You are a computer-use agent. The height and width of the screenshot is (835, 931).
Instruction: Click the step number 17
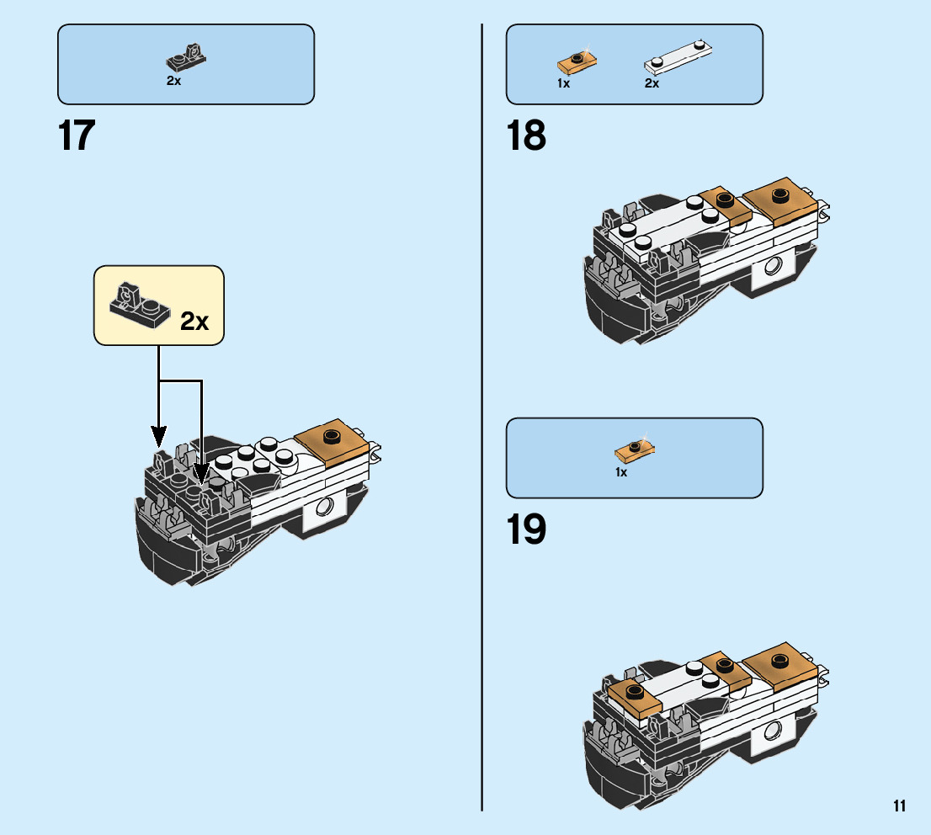coord(77,136)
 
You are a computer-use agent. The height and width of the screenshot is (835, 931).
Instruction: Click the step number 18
coord(526,136)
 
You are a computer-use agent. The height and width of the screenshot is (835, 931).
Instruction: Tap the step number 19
coord(526,529)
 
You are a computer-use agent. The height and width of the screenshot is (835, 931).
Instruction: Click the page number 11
coord(900,806)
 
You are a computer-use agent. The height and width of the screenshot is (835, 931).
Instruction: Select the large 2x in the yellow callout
coord(194,321)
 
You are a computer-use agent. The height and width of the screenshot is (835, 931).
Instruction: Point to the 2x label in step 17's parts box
coord(173,81)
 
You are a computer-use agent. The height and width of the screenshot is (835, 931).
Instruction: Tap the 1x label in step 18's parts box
coord(563,83)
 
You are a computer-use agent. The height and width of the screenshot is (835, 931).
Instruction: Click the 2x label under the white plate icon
coord(652,83)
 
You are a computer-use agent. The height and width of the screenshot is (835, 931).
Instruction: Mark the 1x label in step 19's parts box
coord(621,472)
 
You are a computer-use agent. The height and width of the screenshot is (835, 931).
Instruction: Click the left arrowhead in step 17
coord(159,436)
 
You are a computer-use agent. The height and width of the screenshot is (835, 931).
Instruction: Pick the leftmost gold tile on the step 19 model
coord(634,695)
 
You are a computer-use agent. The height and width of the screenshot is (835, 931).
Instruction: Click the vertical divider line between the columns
coord(481,421)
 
